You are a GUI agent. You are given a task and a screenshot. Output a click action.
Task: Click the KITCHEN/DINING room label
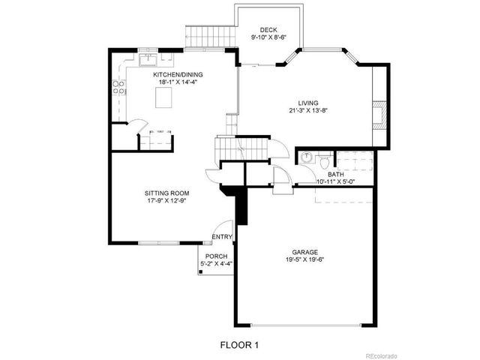(x=178, y=75)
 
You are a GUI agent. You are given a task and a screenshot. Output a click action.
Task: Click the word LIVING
(x=307, y=103)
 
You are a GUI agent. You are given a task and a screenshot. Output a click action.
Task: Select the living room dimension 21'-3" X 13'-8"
(x=307, y=111)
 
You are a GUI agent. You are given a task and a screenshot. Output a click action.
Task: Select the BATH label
(x=334, y=174)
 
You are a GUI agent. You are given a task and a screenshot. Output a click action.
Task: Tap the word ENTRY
(x=222, y=238)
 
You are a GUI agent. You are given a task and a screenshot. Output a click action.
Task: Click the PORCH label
(x=216, y=256)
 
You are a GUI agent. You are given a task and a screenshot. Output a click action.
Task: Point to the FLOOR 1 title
(x=239, y=344)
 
